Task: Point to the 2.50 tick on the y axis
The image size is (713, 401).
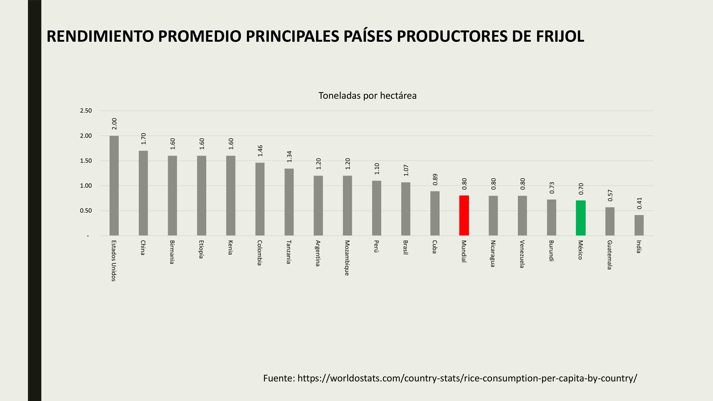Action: click(86, 111)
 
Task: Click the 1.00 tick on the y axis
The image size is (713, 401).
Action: click(86, 186)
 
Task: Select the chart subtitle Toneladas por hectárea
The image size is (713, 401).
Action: click(367, 96)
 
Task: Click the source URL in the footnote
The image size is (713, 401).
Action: click(467, 378)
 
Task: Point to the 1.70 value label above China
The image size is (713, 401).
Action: click(143, 139)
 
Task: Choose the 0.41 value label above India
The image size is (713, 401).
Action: click(639, 203)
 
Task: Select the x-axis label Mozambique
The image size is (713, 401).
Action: click(347, 258)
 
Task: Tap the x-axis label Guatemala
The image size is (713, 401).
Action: click(609, 255)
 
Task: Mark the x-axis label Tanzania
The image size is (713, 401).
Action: click(289, 252)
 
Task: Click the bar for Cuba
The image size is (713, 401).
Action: click(435, 213)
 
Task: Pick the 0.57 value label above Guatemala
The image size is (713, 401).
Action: click(610, 195)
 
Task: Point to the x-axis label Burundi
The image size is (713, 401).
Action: click(551, 251)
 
